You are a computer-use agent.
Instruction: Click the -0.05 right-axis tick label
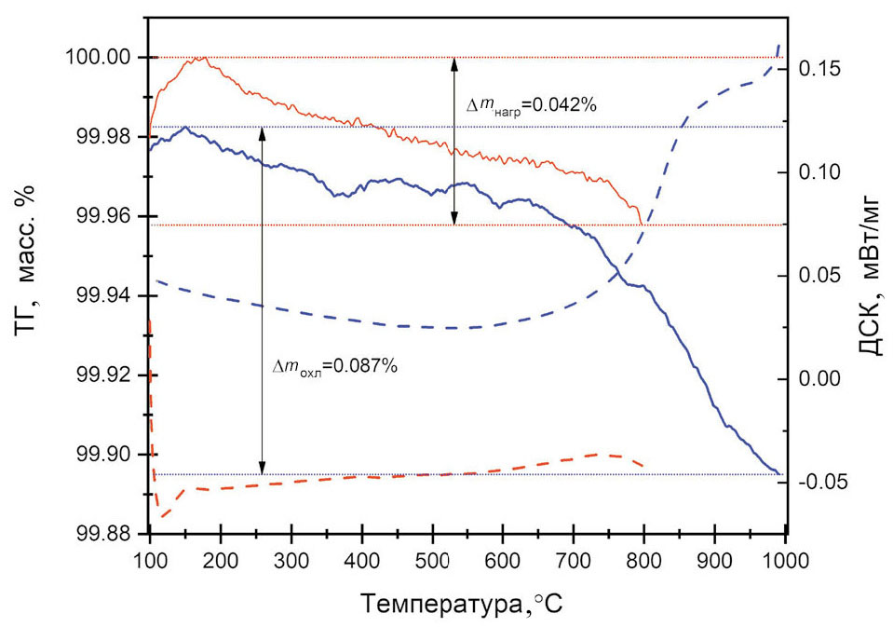(824, 482)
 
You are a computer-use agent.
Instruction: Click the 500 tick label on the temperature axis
(432, 560)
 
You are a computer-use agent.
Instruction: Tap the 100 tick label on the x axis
(150, 560)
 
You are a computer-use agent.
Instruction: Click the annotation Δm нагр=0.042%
(531, 106)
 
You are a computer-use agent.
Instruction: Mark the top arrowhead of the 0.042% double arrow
(454, 61)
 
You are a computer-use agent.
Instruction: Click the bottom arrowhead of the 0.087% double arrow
(262, 470)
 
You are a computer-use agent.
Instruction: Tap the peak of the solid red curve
(199, 58)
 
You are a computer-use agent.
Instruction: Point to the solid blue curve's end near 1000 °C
(779, 473)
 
